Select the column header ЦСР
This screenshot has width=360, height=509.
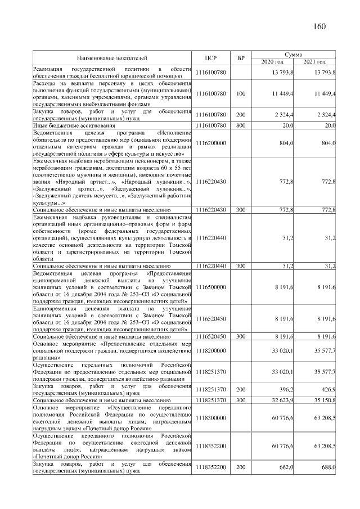coord(211,57)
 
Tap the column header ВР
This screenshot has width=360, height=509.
coord(241,57)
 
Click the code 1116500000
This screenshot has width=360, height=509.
coord(211,287)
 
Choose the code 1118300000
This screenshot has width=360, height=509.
coord(211,418)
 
